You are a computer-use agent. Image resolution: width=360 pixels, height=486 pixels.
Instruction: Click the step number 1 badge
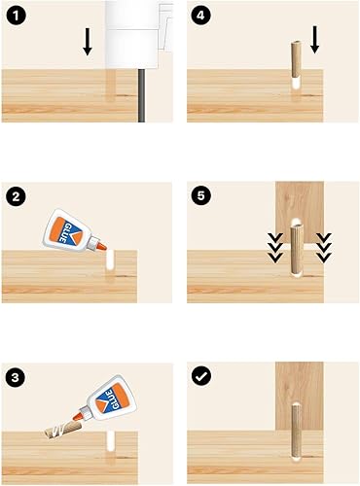[16, 16]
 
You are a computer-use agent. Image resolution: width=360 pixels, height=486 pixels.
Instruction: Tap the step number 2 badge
[16, 196]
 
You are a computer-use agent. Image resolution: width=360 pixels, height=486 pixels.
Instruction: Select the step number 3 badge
[16, 377]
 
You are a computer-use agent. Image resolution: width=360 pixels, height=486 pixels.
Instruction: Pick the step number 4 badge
[201, 16]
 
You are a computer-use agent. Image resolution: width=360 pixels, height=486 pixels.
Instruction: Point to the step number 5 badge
[201, 195]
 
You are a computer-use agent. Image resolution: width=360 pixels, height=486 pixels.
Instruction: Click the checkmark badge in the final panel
[201, 376]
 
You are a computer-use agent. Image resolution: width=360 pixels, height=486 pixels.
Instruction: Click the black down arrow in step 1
[88, 42]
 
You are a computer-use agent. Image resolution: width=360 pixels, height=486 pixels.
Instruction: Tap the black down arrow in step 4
[314, 40]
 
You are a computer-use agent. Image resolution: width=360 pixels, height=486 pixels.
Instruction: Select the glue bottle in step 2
[74, 232]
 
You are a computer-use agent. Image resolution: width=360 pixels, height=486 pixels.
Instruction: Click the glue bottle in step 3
[106, 399]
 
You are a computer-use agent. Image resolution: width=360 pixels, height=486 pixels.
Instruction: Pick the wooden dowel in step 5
[295, 250]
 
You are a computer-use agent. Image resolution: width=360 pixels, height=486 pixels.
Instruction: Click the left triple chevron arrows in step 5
[275, 248]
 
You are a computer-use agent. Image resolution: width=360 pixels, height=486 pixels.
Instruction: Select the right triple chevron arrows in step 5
[324, 248]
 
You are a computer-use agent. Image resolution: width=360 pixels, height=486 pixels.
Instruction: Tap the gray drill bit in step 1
[141, 95]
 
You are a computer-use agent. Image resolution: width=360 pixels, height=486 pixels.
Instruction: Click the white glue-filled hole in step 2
[111, 260]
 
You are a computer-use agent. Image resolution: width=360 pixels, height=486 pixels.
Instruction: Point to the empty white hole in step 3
[111, 441]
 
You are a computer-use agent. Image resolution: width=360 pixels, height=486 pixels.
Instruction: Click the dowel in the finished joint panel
[295, 432]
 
